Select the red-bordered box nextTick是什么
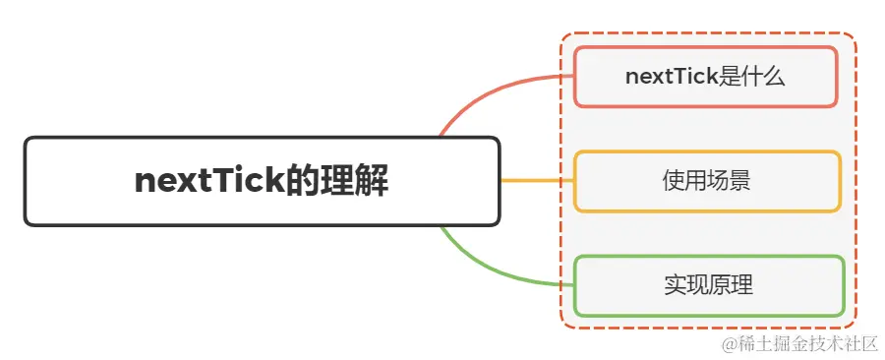[x=705, y=76]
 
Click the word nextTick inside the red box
[x=671, y=76]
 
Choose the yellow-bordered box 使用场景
[x=707, y=181]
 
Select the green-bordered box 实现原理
[x=708, y=286]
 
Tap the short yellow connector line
[x=536, y=181]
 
